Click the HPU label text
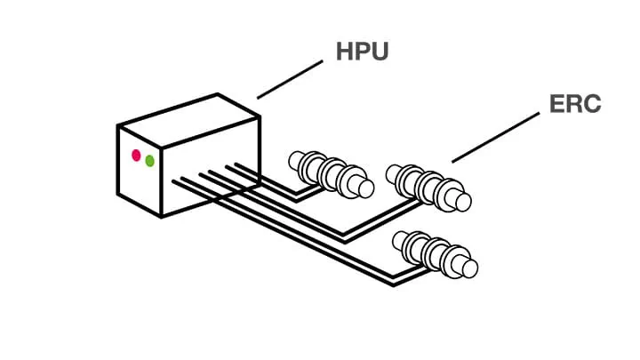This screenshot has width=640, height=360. click(363, 51)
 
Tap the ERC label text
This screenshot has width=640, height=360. click(575, 104)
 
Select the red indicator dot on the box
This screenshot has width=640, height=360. click(136, 156)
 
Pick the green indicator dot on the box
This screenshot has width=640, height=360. click(149, 161)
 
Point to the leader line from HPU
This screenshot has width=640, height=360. click(290, 79)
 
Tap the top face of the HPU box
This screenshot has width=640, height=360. click(188, 111)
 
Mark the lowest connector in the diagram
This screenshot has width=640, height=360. click(436, 253)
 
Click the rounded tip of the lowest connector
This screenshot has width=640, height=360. click(469, 267)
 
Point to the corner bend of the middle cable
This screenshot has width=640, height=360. click(345, 237)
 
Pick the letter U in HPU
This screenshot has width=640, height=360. click(380, 51)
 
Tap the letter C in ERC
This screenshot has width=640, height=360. click(590, 104)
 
